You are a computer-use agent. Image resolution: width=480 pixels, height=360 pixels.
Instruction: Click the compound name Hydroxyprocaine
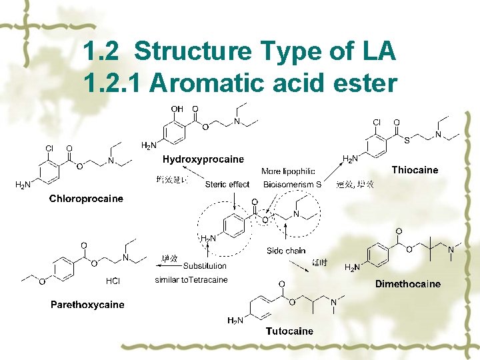pos(203,159)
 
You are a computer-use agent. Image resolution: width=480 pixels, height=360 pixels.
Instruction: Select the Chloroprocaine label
pos(86,199)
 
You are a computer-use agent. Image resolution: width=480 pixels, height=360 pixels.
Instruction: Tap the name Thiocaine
pos(415,170)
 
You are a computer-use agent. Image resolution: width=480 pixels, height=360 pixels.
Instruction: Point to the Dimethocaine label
pos(407,284)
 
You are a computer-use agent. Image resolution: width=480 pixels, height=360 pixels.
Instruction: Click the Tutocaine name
pos(289,331)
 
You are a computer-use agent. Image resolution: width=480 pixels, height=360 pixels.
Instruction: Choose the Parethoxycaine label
pos(87,305)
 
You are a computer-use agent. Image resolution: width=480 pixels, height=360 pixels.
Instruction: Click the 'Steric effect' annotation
pos(227,184)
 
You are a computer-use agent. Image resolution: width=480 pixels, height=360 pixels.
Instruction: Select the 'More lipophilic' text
pos(288,171)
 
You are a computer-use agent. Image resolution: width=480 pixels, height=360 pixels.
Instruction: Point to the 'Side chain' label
pos(285,251)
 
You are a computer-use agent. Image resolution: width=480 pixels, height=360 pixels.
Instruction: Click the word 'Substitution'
pos(205,266)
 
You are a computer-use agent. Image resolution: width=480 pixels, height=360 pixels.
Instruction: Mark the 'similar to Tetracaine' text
pos(191,279)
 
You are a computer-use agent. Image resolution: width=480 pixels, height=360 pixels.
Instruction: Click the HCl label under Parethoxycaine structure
pos(113,281)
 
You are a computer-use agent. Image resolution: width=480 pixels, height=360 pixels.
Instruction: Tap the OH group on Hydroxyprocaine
pos(177,109)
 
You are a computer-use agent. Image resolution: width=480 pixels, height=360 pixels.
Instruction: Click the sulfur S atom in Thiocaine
pos(407,140)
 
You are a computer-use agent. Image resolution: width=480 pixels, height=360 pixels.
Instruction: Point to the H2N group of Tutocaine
pos(235,321)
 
